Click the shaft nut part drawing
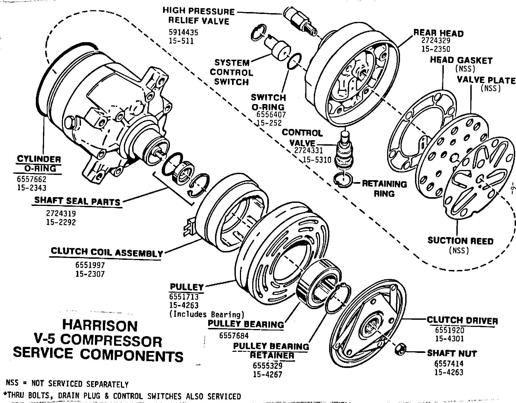(x=400, y=349)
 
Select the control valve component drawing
(x=345, y=151)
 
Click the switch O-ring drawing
(x=294, y=62)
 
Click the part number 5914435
(x=183, y=33)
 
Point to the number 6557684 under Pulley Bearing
(x=234, y=335)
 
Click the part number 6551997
(x=90, y=265)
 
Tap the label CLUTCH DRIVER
(x=462, y=320)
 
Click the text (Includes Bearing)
(x=207, y=314)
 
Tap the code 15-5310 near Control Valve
(x=317, y=160)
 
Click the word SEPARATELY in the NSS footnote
(x=107, y=384)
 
